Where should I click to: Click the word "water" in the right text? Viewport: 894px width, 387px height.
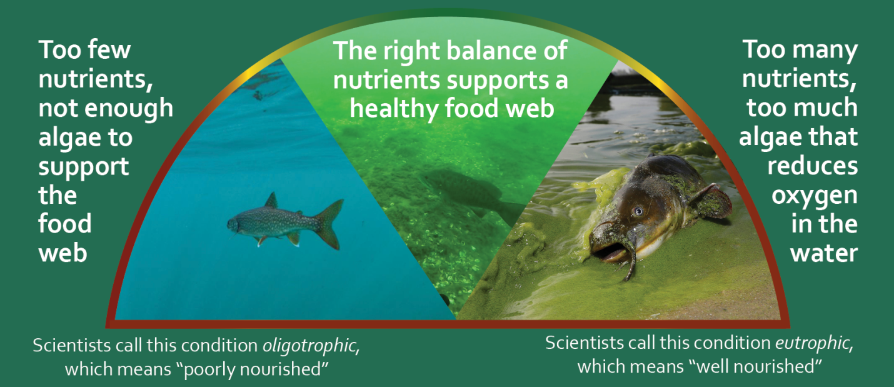point(823,253)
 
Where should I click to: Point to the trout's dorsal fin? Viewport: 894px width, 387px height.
point(271,201)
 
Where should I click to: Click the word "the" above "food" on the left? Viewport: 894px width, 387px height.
point(58,196)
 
